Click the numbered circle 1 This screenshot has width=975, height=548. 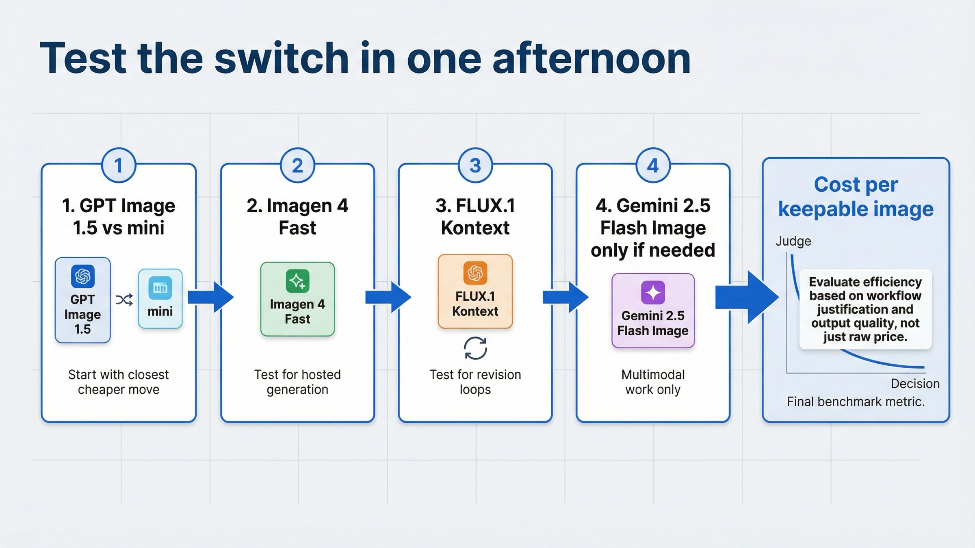coord(118,166)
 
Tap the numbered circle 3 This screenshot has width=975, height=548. coord(475,166)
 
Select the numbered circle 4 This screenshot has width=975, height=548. coord(652,166)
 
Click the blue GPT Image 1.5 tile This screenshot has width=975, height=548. coord(83,300)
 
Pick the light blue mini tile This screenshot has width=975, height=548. coord(160,299)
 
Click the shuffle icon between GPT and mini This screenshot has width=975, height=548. coord(124,300)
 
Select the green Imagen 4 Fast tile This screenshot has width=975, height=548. coord(297,299)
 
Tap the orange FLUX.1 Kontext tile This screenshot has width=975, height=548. coord(475,291)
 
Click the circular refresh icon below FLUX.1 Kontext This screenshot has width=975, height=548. coord(475,348)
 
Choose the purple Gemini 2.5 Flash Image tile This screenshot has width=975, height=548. coord(653,311)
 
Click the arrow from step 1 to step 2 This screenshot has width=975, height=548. coord(210,298)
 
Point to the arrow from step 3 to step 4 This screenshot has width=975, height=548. coord(565,298)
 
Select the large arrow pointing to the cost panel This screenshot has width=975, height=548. coord(746,298)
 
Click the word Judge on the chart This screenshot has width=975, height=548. coord(793,241)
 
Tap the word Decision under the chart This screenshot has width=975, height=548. coord(915,384)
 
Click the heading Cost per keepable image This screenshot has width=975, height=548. coord(856,197)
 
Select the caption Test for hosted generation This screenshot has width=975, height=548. coord(297,382)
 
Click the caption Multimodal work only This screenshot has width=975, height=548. coord(653,382)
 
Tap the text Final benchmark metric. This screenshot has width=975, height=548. coord(856,402)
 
